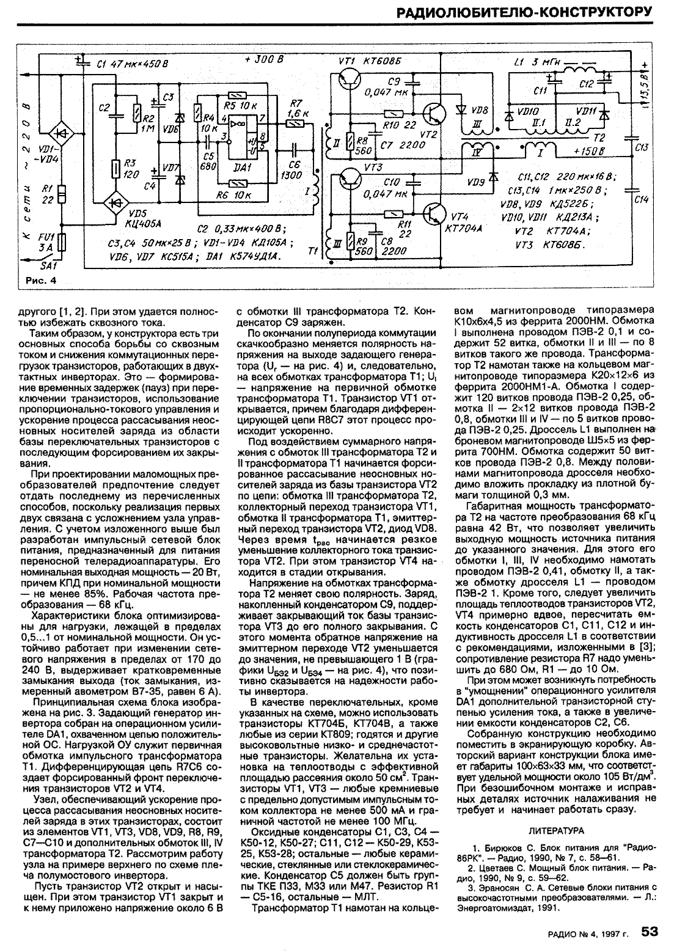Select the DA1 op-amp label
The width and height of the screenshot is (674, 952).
[x=243, y=167]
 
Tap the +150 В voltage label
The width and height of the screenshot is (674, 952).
[x=589, y=150]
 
